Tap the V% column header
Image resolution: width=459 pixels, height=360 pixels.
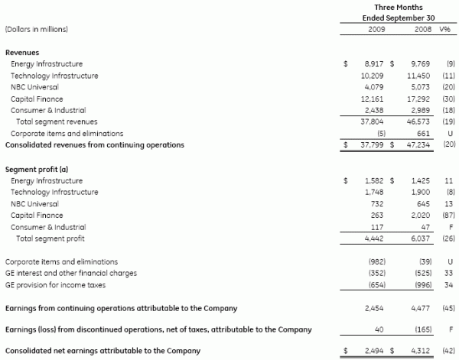pyautogui.click(x=444, y=29)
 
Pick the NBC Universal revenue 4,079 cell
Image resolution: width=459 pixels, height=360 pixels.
pyautogui.click(x=374, y=87)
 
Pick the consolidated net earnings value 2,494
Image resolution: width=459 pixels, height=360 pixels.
pyautogui.click(x=374, y=351)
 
